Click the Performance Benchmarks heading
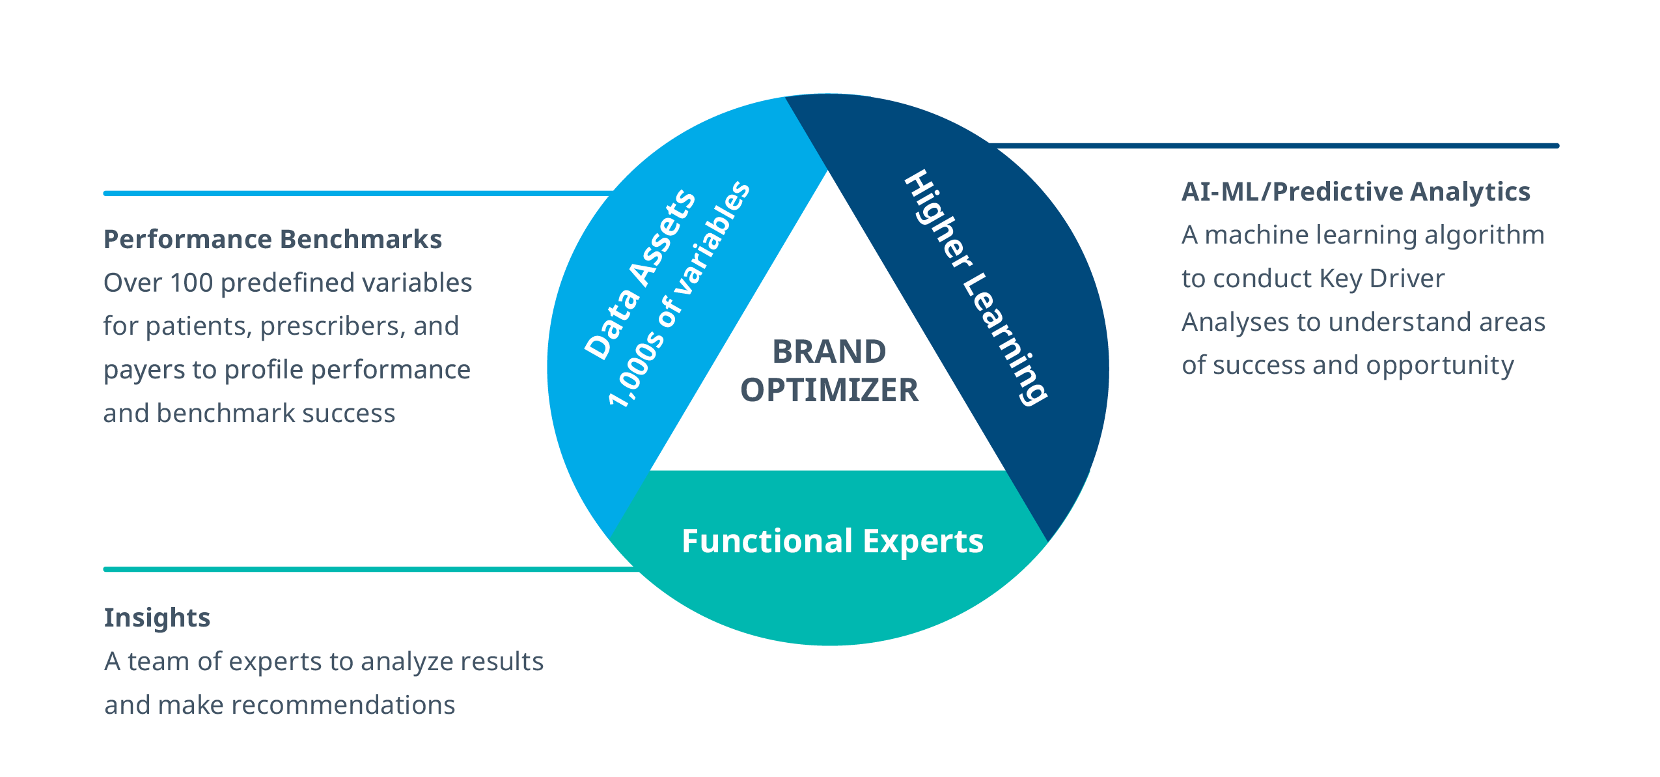tap(273, 240)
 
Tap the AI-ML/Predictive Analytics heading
tap(1356, 192)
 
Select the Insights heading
tap(157, 618)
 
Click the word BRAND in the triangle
tap(829, 352)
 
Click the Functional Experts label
tap(832, 542)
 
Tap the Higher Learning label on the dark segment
tap(975, 287)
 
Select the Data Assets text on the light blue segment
tap(639, 274)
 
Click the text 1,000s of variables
tap(678, 294)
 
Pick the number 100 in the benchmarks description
tap(191, 283)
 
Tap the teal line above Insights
tap(365, 570)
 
